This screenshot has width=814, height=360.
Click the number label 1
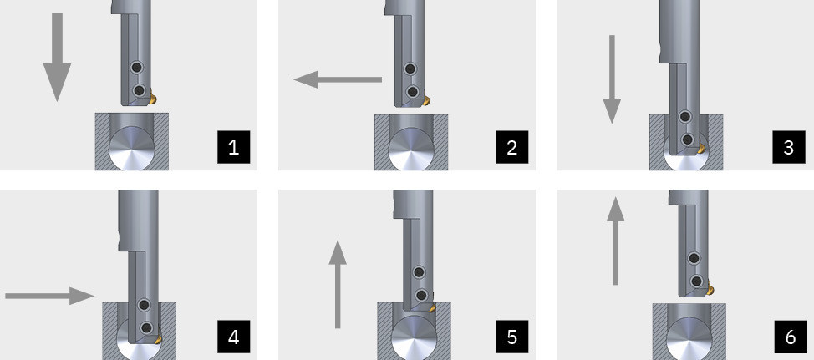point(234,147)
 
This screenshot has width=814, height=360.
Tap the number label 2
point(511,147)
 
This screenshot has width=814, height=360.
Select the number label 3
point(789,147)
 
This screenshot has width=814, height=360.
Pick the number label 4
point(234,337)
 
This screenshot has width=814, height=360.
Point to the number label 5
point(511,337)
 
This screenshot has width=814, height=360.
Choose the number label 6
point(790,337)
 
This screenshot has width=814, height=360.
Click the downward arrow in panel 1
point(57,57)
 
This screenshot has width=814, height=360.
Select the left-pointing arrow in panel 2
point(338,80)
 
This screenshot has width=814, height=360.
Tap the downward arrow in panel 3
point(612,79)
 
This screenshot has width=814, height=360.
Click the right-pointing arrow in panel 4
point(49,296)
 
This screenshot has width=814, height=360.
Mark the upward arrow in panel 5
point(338,284)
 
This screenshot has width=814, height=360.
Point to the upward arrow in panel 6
point(616,241)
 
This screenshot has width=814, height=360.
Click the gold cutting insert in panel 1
point(153,98)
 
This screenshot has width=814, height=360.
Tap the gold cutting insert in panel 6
point(710,288)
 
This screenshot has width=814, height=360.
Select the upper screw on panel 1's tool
point(136,67)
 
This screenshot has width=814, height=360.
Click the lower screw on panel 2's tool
point(412,92)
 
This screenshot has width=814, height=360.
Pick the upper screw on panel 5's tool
point(419,271)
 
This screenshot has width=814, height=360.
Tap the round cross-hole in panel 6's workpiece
point(689,339)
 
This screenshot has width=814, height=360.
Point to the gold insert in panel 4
point(158,339)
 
